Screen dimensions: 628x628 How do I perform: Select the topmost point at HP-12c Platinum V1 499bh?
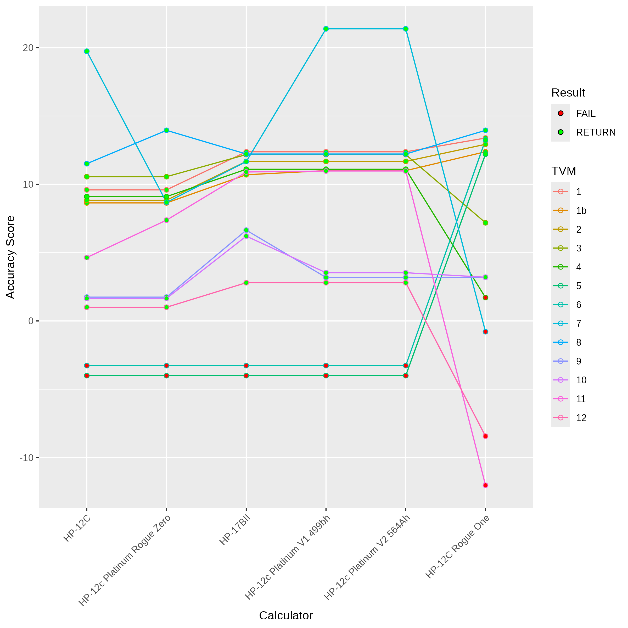pos(326,29)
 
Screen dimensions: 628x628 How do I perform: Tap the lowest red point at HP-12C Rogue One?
pos(485,485)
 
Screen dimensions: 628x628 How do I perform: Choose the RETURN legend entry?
pos(596,132)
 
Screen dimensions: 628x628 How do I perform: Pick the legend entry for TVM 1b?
pos(581,211)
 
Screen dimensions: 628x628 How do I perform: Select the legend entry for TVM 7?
pos(579,323)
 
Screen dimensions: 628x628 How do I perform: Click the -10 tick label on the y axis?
pos(27,458)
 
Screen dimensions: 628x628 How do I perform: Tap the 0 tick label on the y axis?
pos(31,321)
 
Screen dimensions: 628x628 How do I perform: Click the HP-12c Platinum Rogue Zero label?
pos(125,560)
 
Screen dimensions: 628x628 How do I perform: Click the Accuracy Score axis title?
pos(10,257)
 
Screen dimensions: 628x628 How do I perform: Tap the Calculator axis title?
pos(286,615)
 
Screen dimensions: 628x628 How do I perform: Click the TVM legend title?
pos(563,171)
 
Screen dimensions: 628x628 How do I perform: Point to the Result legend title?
pos(568,93)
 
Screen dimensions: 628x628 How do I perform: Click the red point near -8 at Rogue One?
pos(485,436)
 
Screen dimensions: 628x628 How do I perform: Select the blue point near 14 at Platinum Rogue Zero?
pos(166,130)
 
